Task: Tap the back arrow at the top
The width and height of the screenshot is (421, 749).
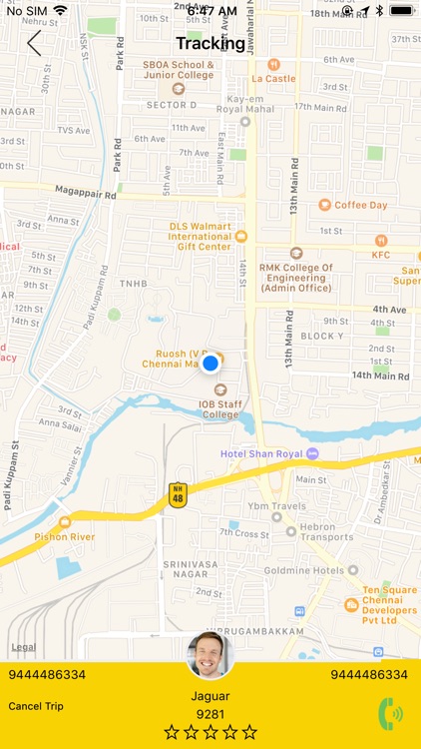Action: coord(34,43)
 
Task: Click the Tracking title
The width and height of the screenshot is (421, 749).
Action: coord(210,43)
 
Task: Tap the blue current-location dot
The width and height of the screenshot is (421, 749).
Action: coord(210,364)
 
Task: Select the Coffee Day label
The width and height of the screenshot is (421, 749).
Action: coord(360,205)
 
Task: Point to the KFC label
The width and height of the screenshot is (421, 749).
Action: coord(381,255)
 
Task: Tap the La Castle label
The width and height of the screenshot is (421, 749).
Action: coord(273,78)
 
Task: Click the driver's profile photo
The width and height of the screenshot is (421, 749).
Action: coord(210,655)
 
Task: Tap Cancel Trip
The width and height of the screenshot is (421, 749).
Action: coord(36,706)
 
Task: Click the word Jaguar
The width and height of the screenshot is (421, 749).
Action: coord(210,696)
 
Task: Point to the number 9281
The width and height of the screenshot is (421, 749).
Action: coord(210,714)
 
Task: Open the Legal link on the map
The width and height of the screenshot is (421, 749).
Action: coord(23,647)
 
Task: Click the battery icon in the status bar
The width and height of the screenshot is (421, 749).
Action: coord(403,10)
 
